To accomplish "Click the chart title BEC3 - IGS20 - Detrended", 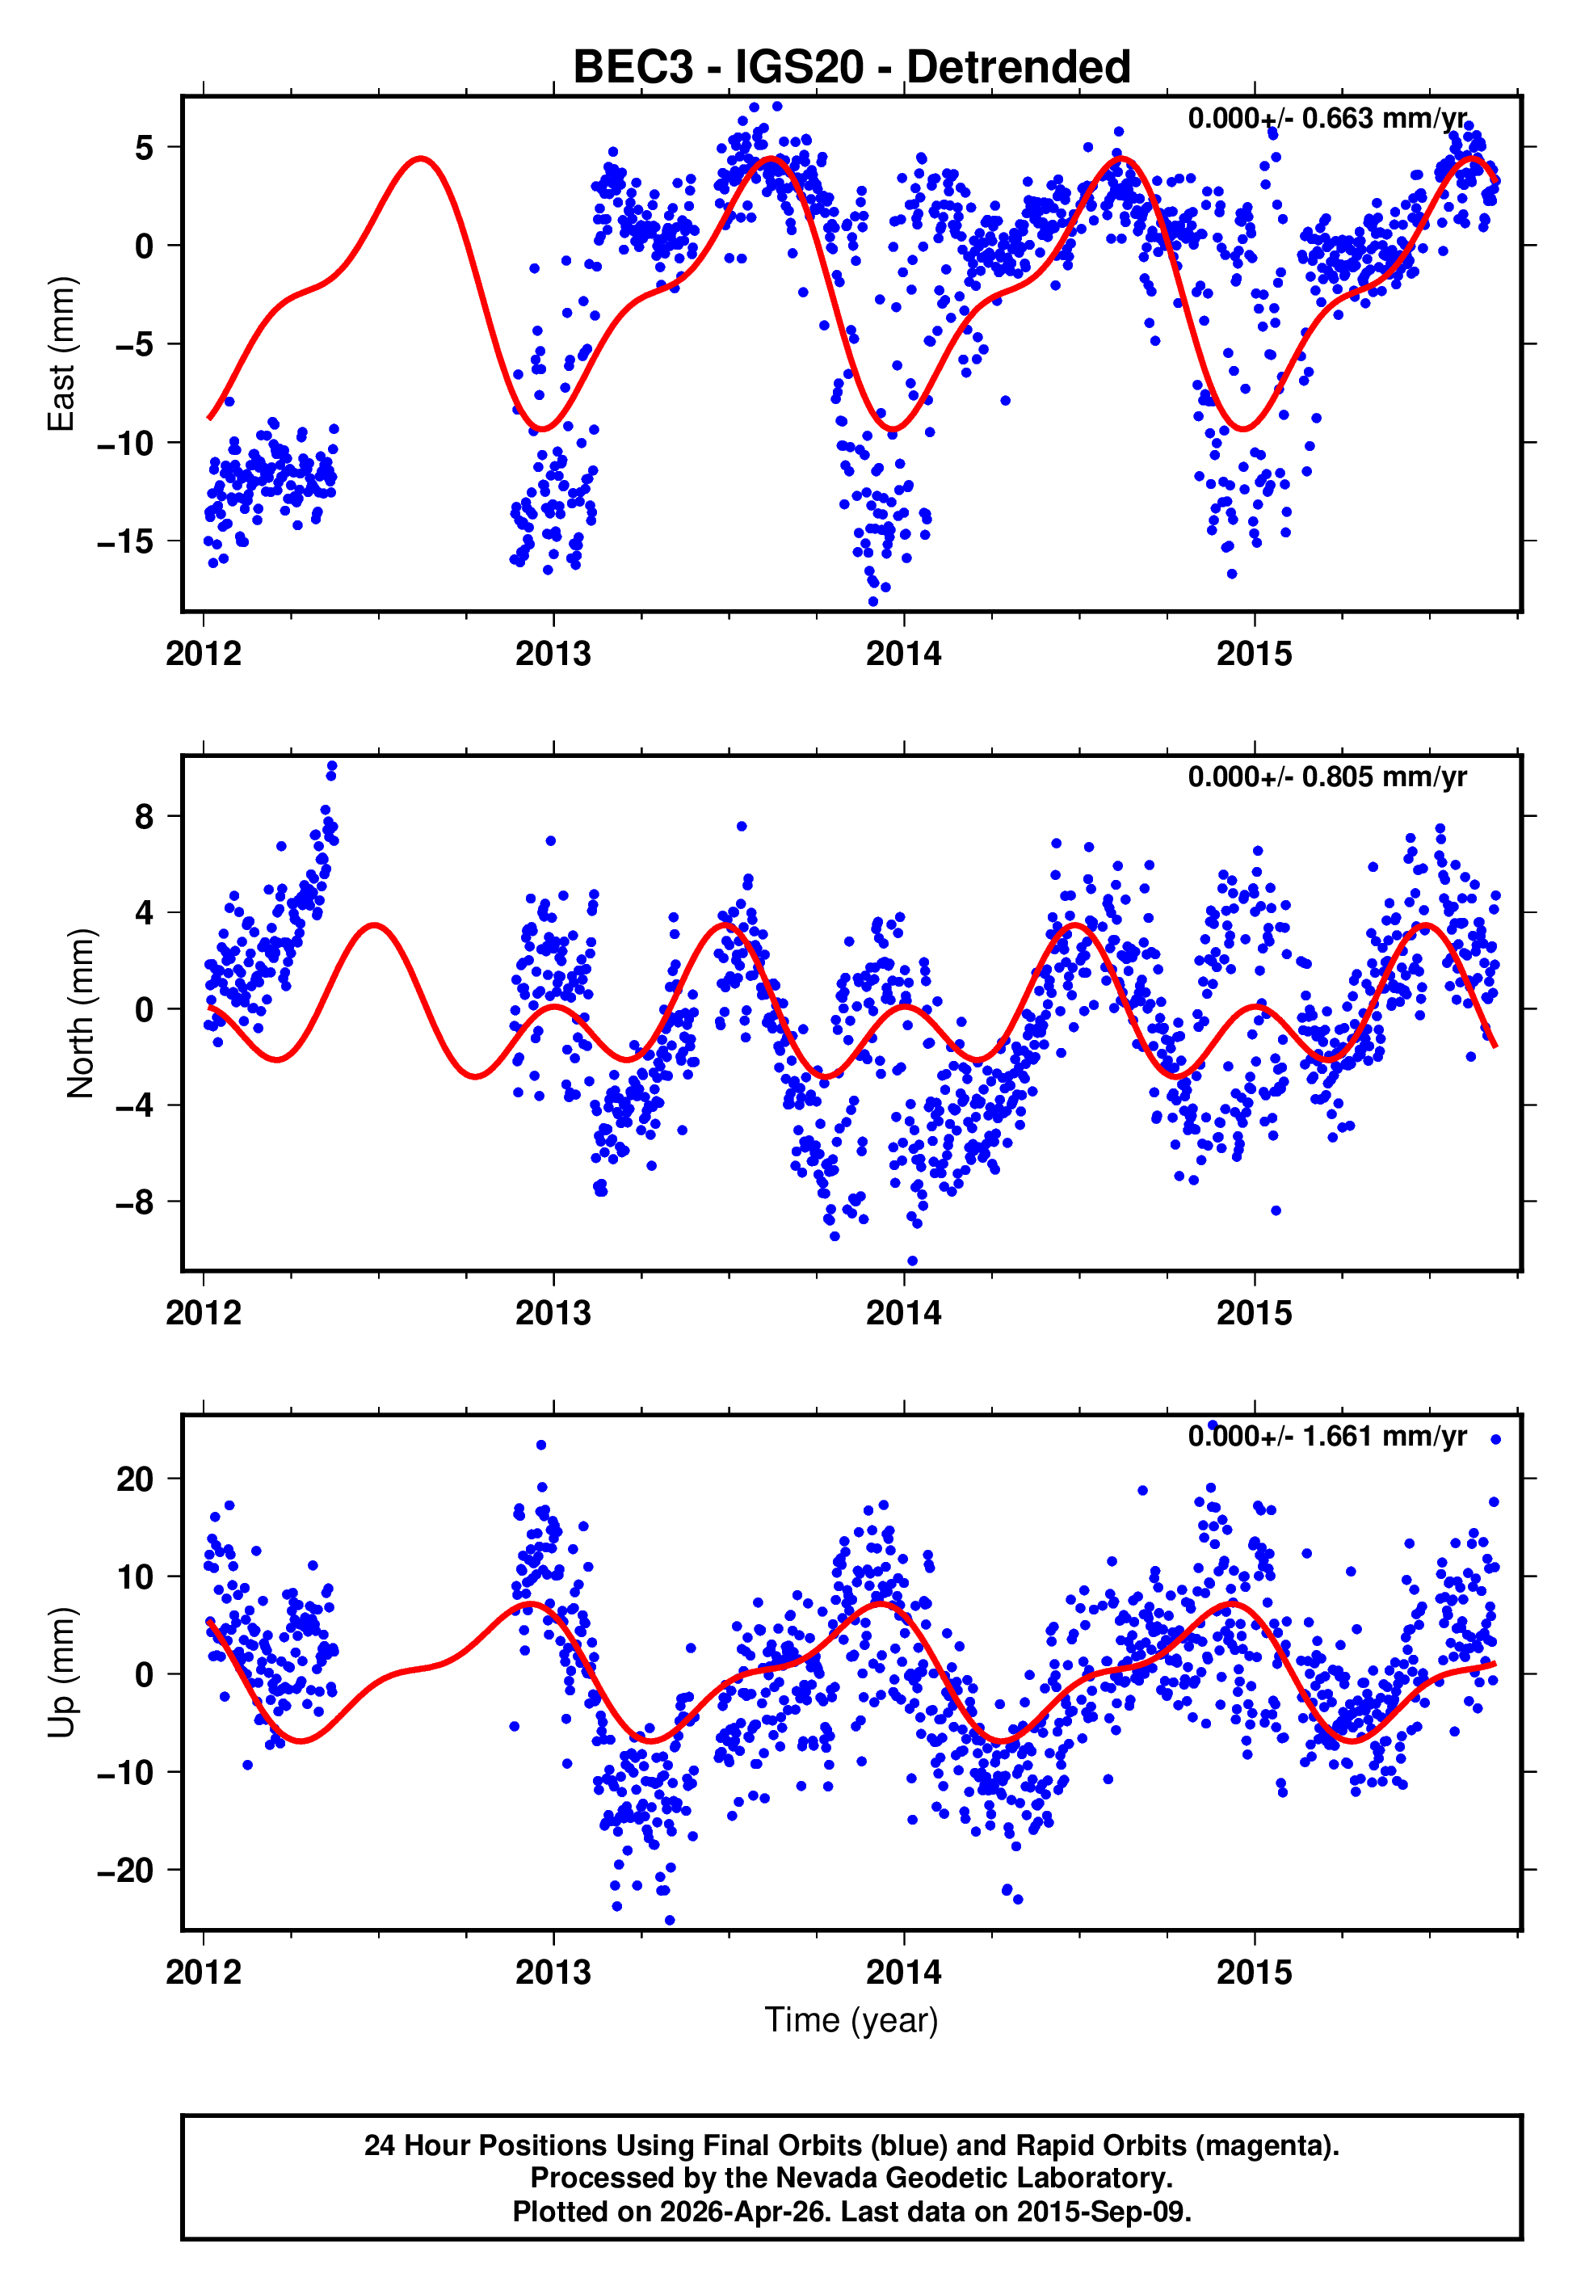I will [x=851, y=68].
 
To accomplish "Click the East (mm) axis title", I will [x=61, y=354].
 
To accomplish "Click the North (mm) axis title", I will [x=79, y=1013].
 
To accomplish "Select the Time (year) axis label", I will [x=851, y=2021].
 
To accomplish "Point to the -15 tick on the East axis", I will [x=125, y=541].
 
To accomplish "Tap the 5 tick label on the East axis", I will [x=145, y=148].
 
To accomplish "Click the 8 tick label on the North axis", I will [x=145, y=816].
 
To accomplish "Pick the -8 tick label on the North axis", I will [x=134, y=1202].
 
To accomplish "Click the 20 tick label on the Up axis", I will [x=135, y=1480].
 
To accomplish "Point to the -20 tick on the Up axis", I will [x=125, y=1871].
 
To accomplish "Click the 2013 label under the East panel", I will [x=553, y=655].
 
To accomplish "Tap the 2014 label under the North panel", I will [x=904, y=1314].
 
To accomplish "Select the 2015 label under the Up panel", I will [x=1255, y=1973].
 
